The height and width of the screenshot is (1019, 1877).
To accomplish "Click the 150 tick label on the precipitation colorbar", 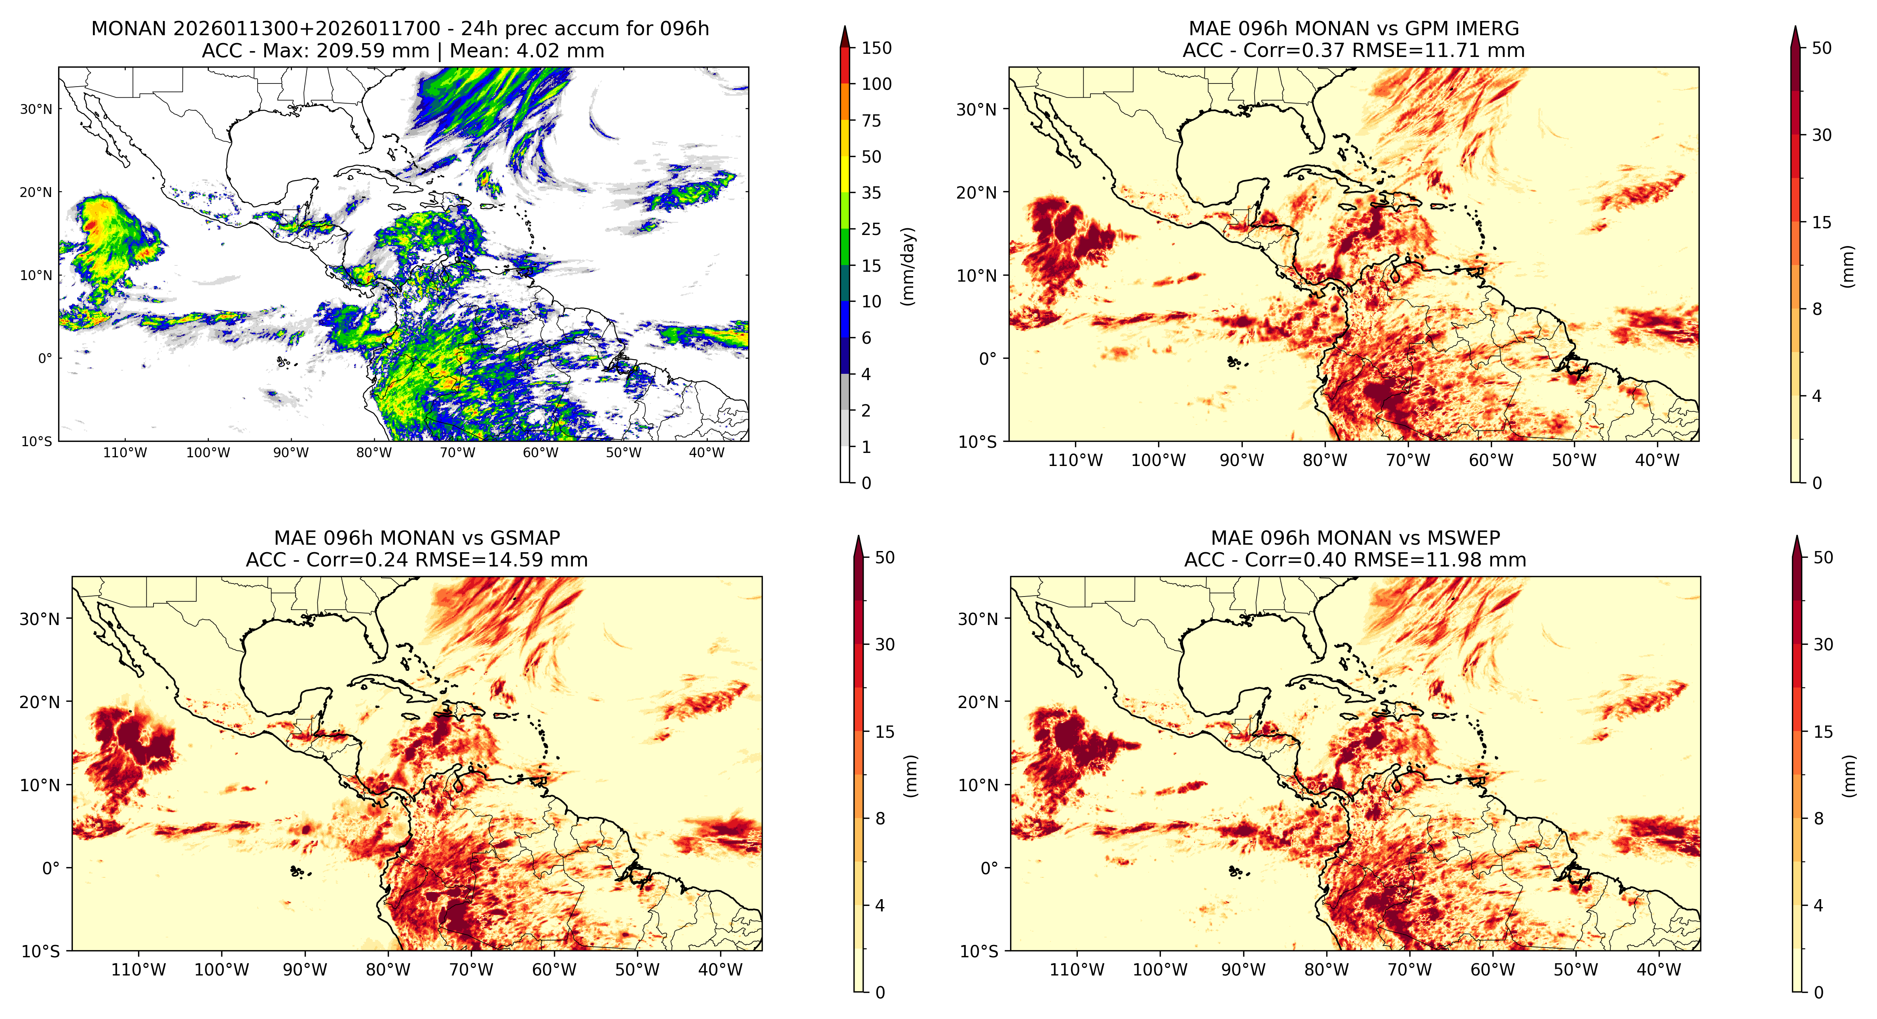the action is (x=876, y=48).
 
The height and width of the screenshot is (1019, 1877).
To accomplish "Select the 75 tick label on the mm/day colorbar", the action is (x=872, y=121).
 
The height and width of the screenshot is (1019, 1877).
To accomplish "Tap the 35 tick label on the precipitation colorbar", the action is (x=872, y=193).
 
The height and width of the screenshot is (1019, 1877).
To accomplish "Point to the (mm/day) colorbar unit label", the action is (x=908, y=266).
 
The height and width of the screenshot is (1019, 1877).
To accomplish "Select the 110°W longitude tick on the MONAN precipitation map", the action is (x=125, y=452).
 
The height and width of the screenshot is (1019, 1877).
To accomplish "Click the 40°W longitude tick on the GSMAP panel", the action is (x=720, y=970).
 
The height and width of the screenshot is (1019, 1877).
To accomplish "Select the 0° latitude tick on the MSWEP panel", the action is (x=989, y=868).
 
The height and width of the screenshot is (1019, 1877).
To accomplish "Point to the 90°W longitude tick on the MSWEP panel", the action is (x=1243, y=970).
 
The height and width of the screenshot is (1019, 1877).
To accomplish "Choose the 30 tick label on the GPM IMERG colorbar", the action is (x=1822, y=135).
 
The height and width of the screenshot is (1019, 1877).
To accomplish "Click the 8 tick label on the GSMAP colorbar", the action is (x=880, y=819).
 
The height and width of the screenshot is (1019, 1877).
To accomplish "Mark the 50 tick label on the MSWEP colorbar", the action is (x=1823, y=558).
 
